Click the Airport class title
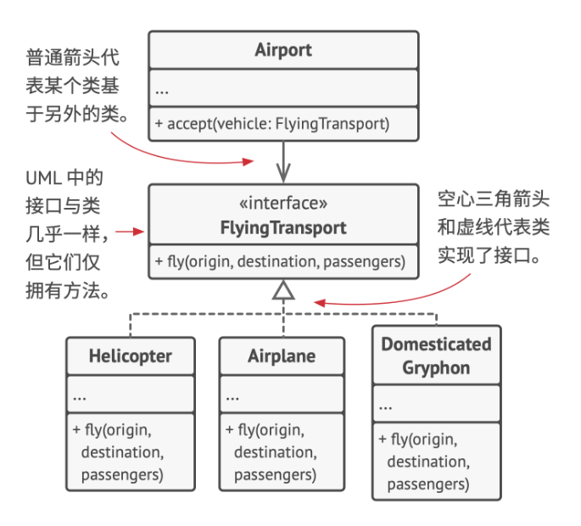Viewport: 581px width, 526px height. tap(283, 50)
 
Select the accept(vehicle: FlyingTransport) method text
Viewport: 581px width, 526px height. tap(272, 124)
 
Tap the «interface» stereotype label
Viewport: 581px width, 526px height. tap(283, 204)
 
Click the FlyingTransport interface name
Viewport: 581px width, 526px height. tap(283, 227)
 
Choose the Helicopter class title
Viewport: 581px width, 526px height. tap(130, 355)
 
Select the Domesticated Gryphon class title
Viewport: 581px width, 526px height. tap(436, 356)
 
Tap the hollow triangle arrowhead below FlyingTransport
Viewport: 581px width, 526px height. tap(283, 290)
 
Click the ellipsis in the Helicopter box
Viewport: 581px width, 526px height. tap(79, 396)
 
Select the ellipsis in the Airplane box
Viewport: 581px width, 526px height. tap(232, 396)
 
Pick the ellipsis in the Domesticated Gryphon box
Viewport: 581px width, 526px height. tap(386, 407)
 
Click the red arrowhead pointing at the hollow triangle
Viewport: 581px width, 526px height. tap(318, 301)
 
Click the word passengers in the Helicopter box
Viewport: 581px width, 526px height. tap(122, 474)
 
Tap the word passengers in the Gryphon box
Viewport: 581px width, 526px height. tap(428, 484)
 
